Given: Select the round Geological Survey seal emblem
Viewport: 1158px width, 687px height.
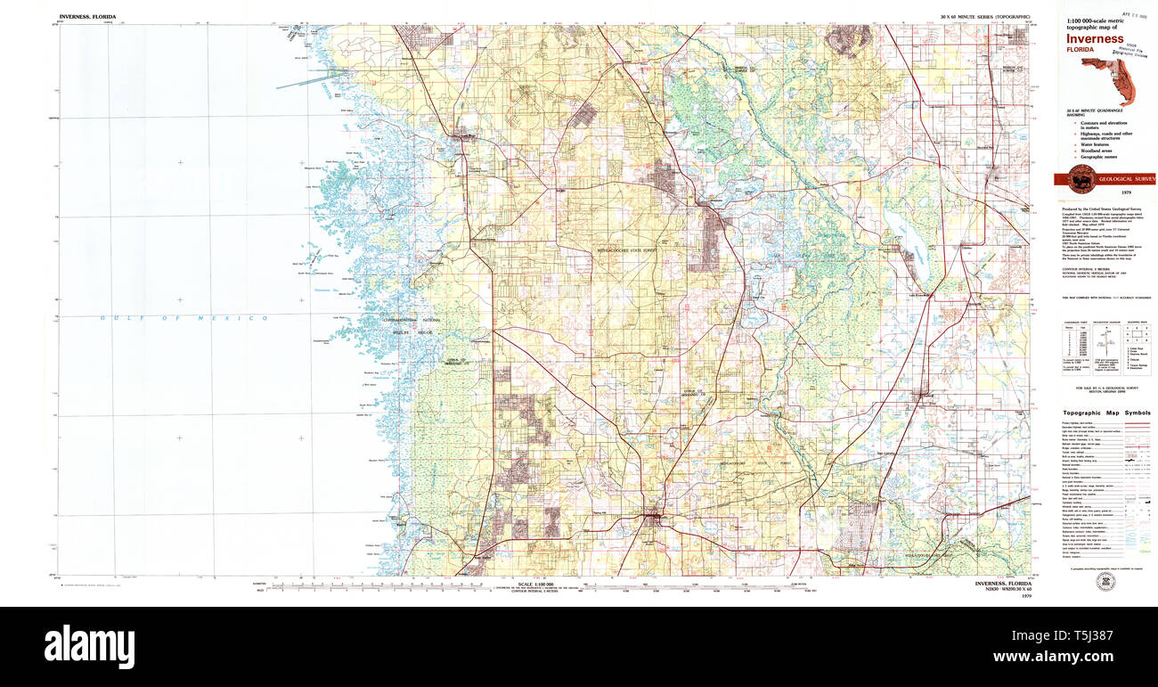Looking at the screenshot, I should (x=1081, y=177).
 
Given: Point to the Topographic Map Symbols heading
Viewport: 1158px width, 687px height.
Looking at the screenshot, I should (x=1105, y=413).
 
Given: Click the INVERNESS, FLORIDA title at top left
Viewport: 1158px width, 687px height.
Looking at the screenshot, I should (x=87, y=17).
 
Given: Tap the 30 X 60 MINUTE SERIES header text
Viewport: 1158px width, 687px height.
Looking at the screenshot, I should (x=984, y=17).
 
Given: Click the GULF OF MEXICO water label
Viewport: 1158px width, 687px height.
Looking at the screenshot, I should (x=184, y=318).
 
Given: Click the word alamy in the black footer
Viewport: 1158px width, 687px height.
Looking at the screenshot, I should (x=89, y=643).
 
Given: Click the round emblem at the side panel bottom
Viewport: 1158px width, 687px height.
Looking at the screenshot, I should (x=1105, y=581).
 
